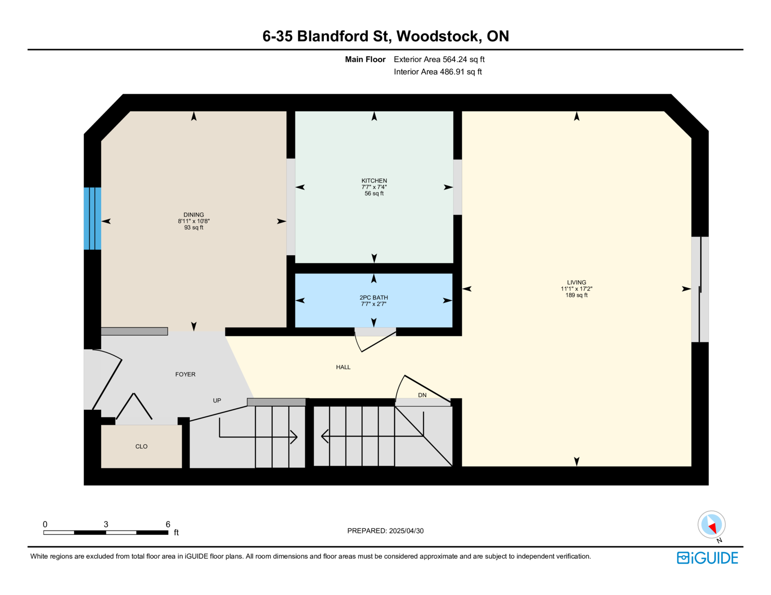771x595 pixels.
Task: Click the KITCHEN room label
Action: [374, 181]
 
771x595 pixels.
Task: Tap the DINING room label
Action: [194, 215]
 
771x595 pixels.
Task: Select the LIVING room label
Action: [576, 283]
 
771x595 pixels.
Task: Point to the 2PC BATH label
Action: [373, 297]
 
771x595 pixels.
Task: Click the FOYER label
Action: [185, 374]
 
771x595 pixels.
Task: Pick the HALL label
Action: [343, 367]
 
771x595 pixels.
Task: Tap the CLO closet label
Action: [141, 446]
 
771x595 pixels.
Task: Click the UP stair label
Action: [217, 400]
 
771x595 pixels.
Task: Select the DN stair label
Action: [422, 395]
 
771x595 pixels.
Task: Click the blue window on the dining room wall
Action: [92, 219]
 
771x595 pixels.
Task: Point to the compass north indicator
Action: [712, 525]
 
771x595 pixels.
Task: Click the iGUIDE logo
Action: [707, 557]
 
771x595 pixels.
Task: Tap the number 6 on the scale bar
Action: [168, 524]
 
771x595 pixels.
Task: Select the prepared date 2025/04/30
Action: [406, 530]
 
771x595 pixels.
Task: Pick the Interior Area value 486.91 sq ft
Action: [461, 72]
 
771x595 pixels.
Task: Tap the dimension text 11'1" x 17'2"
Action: [576, 289]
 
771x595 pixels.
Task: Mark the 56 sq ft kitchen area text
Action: [374, 194]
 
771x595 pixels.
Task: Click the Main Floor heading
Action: [365, 59]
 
